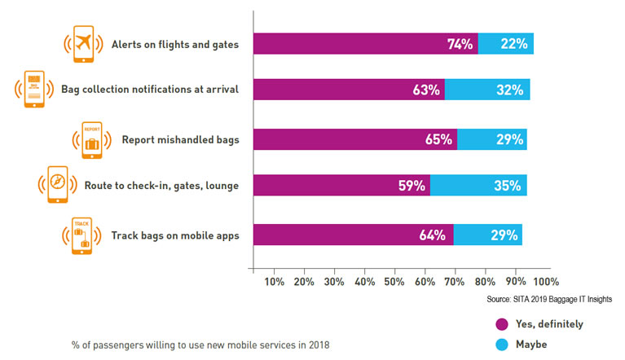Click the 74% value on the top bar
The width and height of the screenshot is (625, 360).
pyautogui.click(x=460, y=44)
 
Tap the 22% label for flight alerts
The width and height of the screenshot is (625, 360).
pyautogui.click(x=514, y=44)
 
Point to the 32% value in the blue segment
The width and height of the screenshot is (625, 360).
pyautogui.click(x=508, y=90)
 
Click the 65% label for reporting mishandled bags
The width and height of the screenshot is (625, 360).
pyautogui.click(x=438, y=139)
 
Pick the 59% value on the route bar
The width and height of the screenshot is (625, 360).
pyautogui.click(x=411, y=186)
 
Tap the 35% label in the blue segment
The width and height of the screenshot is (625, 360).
pyautogui.click(x=507, y=186)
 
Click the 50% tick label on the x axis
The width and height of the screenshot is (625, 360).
pyautogui.click(x=394, y=282)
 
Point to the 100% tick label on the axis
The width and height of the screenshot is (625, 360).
pyautogui.click(x=545, y=282)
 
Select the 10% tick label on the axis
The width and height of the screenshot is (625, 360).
pyautogui.click(x=274, y=282)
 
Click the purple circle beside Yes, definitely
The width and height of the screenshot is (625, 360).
pyautogui.click(x=501, y=324)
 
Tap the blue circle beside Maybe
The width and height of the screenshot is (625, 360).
pyautogui.click(x=501, y=344)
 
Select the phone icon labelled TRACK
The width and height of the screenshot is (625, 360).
pyautogui.click(x=81, y=236)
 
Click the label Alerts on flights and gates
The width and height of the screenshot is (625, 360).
pyautogui.click(x=175, y=44)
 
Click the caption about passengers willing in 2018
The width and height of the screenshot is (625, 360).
pyautogui.click(x=200, y=345)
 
